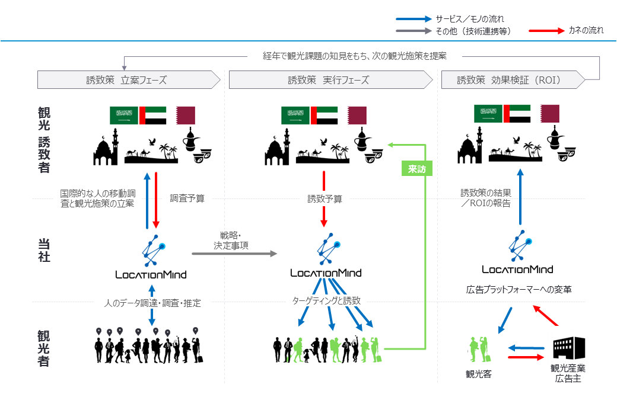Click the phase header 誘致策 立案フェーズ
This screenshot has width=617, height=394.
[x=126, y=80]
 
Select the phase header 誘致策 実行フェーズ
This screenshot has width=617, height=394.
[x=328, y=80]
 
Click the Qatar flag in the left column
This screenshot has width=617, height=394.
[x=185, y=116]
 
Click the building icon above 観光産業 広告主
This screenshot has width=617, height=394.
[x=568, y=350]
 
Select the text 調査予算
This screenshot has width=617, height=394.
[x=187, y=198]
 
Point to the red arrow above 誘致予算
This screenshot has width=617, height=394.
[x=323, y=181]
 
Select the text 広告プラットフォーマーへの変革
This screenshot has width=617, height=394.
[x=518, y=290]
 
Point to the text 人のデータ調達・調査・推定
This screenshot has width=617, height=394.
[x=152, y=303]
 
